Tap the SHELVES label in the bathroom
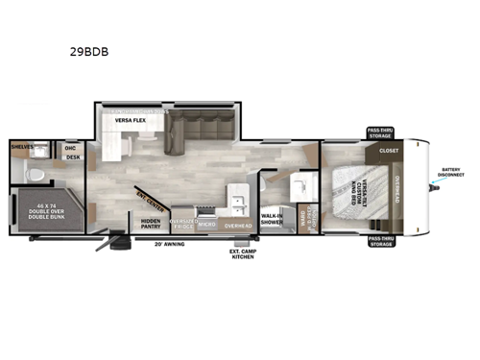coord(22,146)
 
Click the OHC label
coord(70,147)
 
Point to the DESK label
coord(73,156)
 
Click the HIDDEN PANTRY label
coord(151,224)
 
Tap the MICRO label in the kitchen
coord(207,225)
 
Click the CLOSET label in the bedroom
coord(389,150)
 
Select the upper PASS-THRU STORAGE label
coord(379,132)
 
